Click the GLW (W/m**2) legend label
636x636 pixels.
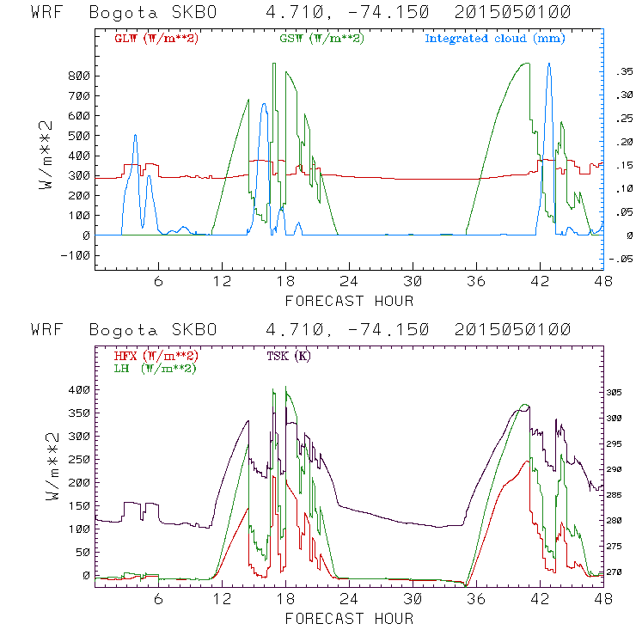(x=156, y=39)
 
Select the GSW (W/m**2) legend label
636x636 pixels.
(x=321, y=39)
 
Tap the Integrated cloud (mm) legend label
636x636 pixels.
(x=495, y=39)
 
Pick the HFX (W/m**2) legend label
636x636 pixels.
(x=156, y=355)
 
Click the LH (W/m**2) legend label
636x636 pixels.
(x=155, y=368)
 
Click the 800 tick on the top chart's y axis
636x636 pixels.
(x=79, y=76)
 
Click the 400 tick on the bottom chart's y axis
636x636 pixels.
(x=79, y=390)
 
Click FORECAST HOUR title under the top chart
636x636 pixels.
(x=349, y=301)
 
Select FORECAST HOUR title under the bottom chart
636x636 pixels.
(x=349, y=619)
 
